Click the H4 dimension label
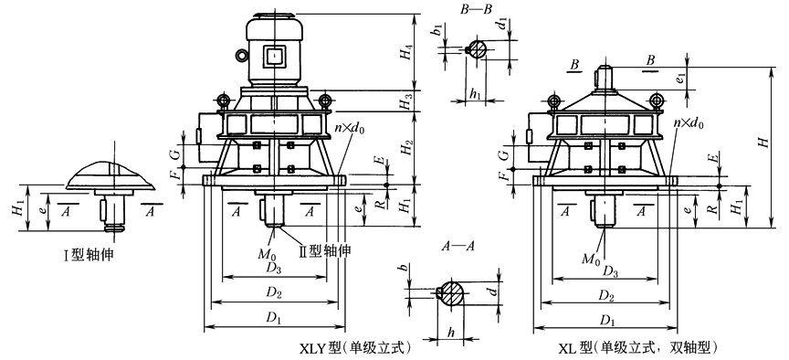pyautogui.click(x=406, y=52)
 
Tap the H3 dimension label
pyautogui.click(x=405, y=101)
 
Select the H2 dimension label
pyautogui.click(x=406, y=147)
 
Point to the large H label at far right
pyautogui.click(x=764, y=143)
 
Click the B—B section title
pyautogui.click(x=476, y=10)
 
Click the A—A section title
pyautogui.click(x=458, y=247)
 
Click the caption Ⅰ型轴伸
pyautogui.click(x=92, y=255)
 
